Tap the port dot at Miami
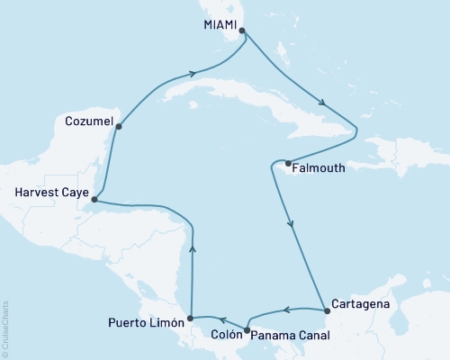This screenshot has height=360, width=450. (x=242, y=30)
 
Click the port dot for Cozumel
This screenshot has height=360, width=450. (x=119, y=127)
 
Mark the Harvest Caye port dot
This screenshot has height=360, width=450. (x=94, y=200)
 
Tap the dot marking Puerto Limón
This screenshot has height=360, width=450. (x=190, y=319)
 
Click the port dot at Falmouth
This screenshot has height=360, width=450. (x=287, y=164)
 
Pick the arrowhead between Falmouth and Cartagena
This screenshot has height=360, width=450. (x=290, y=225)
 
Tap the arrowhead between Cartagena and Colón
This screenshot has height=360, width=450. (x=284, y=310)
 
